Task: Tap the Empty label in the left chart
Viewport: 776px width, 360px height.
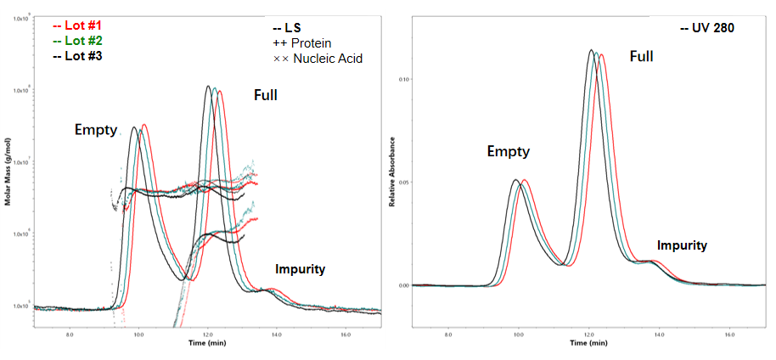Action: point(95,129)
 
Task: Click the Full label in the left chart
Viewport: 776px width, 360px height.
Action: point(266,95)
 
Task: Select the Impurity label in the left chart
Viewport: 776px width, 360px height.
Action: point(300,269)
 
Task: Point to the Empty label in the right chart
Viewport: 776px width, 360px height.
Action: point(508,151)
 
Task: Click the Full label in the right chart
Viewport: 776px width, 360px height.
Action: point(641,56)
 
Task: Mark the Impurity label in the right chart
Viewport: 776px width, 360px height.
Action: point(682,245)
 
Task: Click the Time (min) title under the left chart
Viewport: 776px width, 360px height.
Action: point(207,343)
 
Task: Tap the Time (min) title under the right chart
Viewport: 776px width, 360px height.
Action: point(588,343)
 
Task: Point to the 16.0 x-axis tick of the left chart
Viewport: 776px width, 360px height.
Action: point(346,335)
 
